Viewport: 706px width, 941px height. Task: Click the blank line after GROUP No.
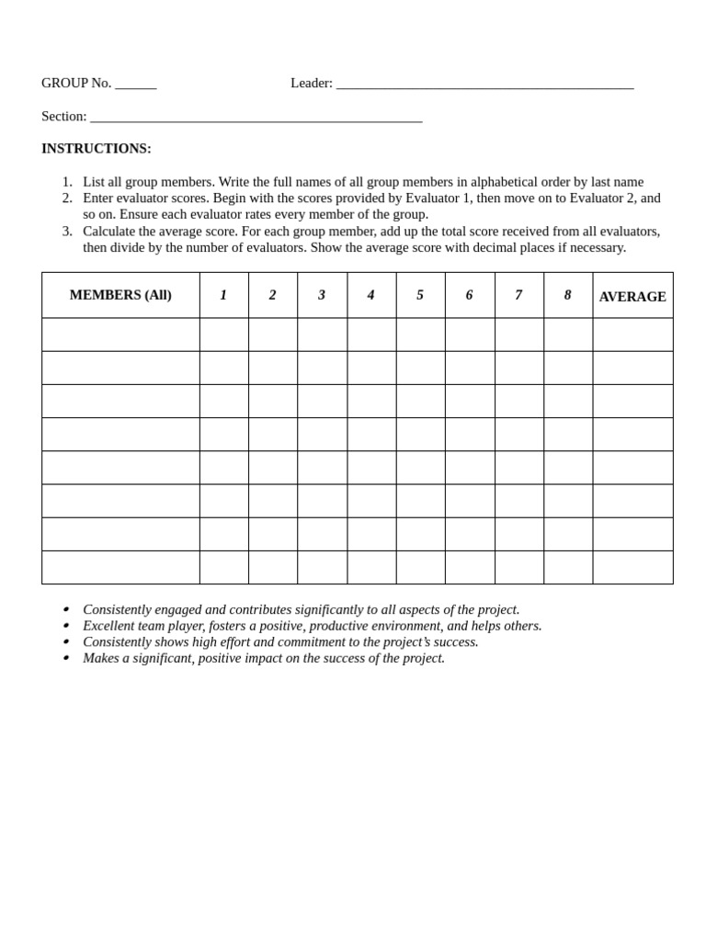pos(136,85)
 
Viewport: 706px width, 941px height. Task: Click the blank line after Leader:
pos(484,85)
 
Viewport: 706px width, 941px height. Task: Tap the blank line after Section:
pos(256,118)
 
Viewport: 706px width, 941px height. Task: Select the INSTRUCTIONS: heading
pos(97,149)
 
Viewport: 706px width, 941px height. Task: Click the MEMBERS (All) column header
pos(120,295)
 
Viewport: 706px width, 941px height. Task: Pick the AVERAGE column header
pos(632,297)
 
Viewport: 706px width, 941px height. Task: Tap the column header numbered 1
pos(223,295)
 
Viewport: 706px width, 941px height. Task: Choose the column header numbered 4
pos(371,295)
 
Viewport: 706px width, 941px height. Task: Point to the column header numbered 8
pos(568,295)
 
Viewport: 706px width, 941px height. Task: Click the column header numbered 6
pos(470,295)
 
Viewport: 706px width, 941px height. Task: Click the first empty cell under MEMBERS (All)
pos(120,334)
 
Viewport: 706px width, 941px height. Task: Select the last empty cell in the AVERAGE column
pos(632,567)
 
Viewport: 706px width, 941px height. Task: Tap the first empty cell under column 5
pos(420,334)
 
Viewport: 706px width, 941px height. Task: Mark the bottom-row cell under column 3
pos(322,567)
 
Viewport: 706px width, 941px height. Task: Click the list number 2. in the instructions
pos(67,198)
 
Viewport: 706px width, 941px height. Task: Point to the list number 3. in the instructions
pos(67,231)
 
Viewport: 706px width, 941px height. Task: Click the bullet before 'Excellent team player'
pos(65,626)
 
